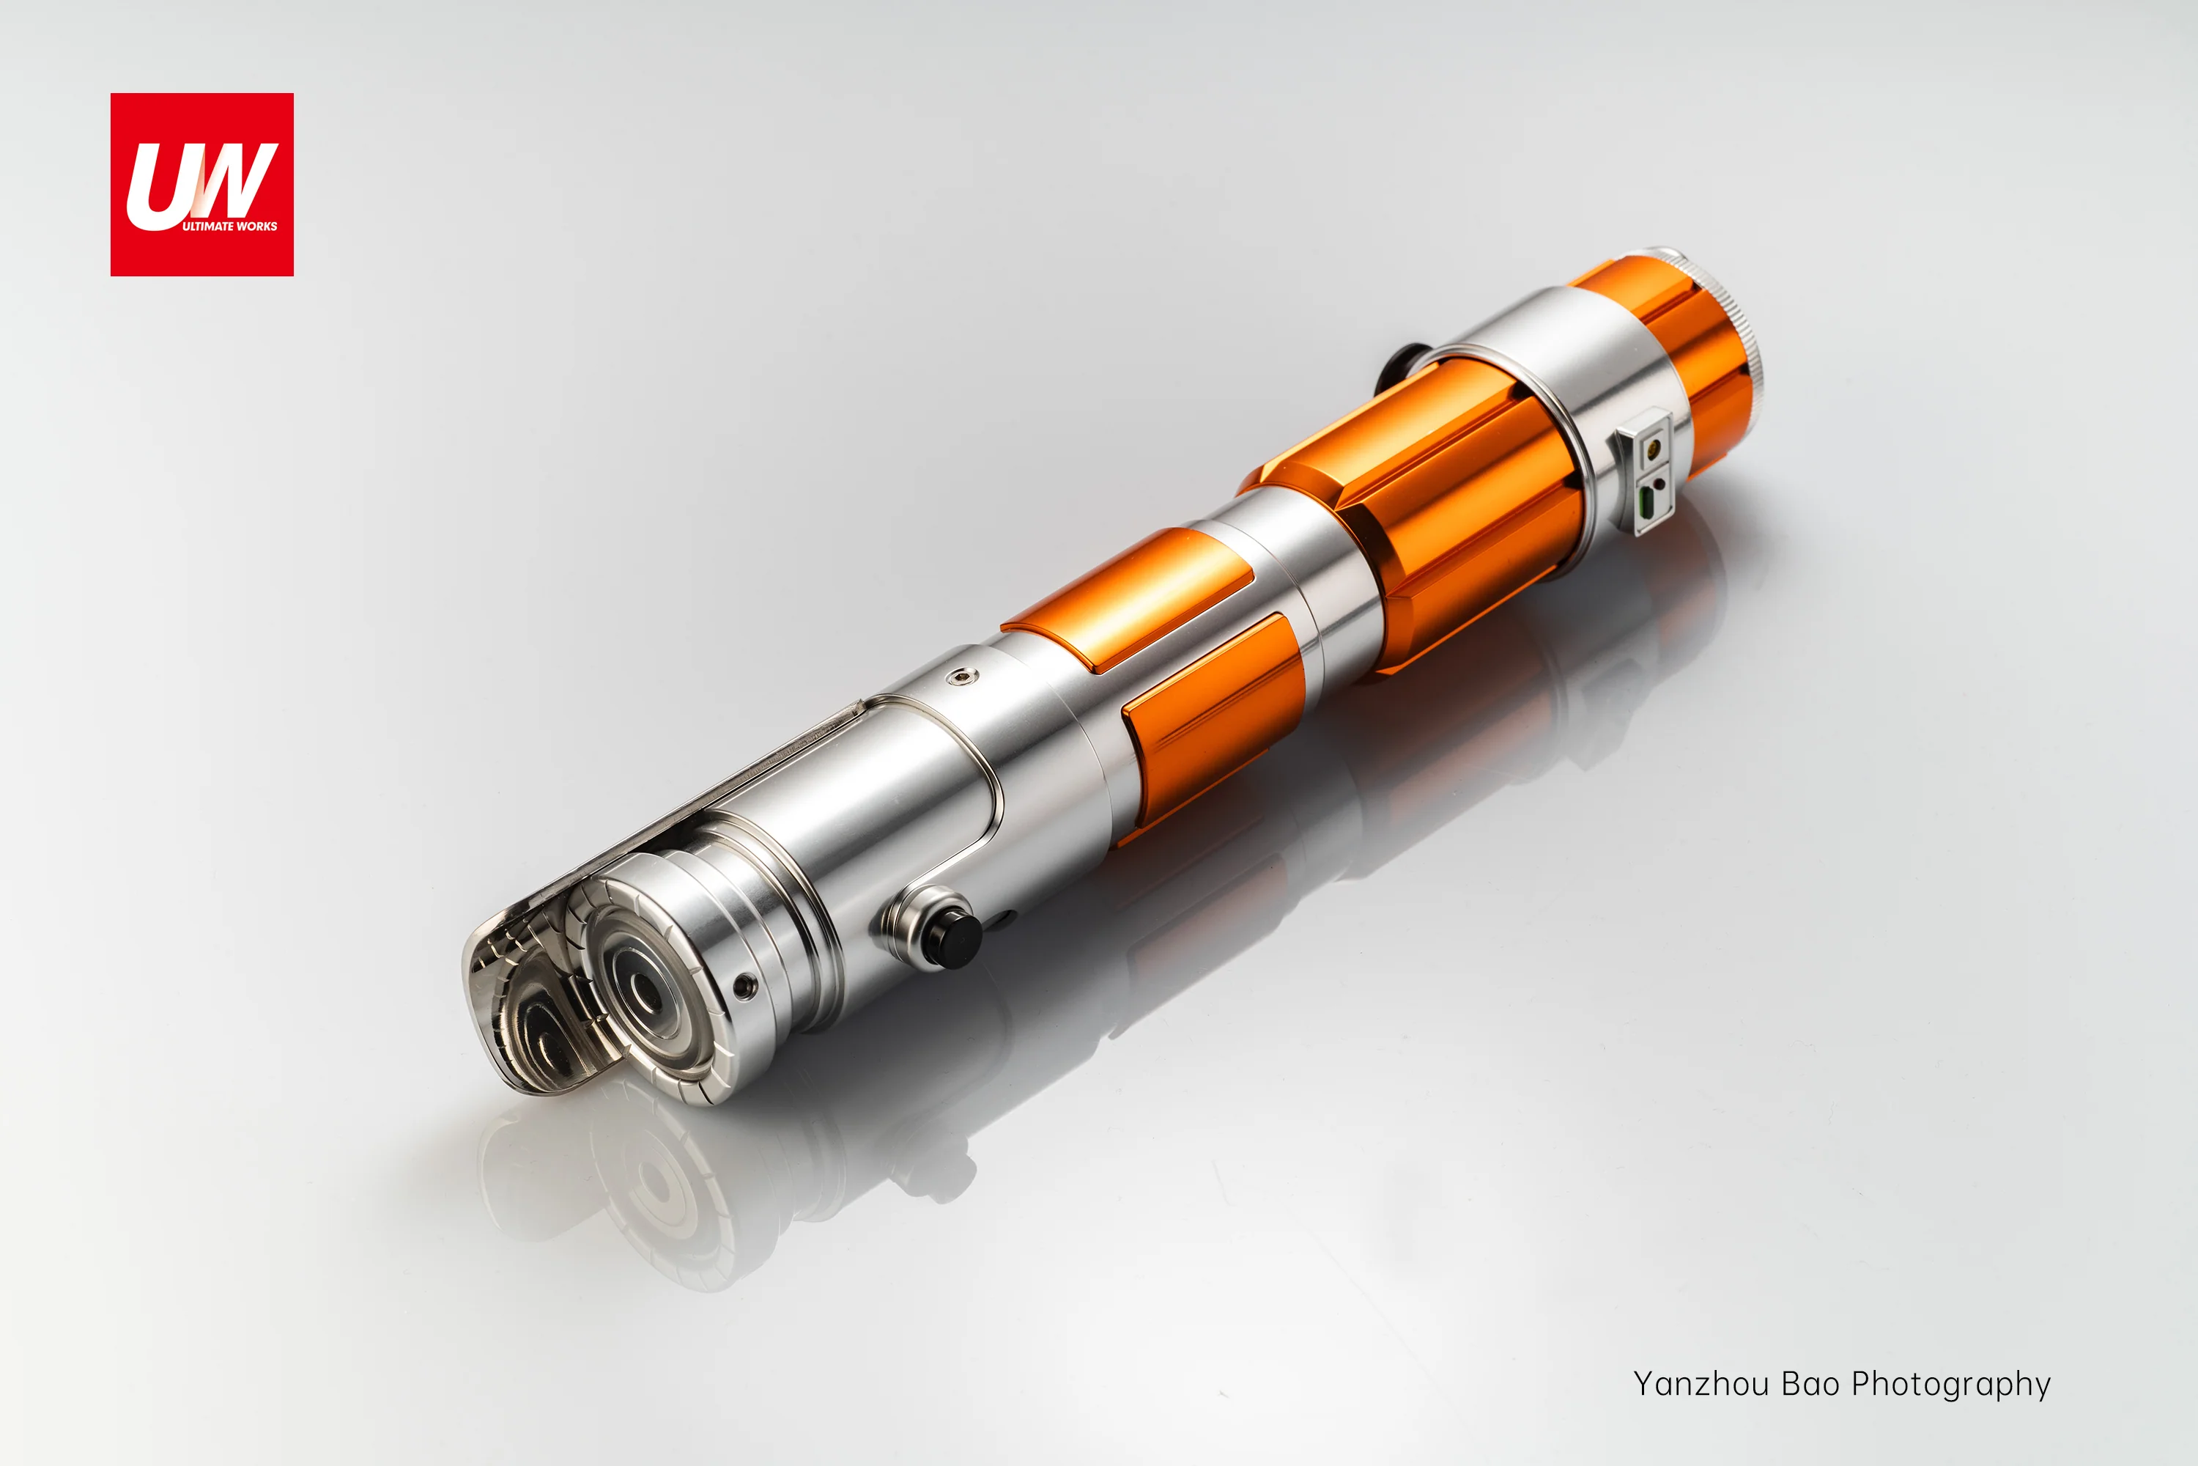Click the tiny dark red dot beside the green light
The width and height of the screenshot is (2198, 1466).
coord(1659,485)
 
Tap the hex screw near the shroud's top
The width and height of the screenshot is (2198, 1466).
coord(961,675)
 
